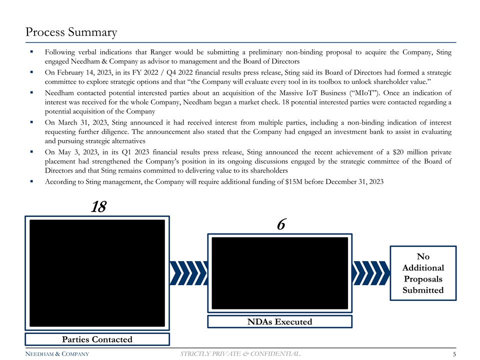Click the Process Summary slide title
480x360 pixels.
(x=71, y=32)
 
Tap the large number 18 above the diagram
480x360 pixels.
(x=98, y=207)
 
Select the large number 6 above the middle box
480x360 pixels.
(x=281, y=225)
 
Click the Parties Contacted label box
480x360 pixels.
(x=97, y=339)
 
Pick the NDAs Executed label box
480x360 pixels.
(x=279, y=321)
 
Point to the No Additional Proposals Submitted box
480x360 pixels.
(x=423, y=273)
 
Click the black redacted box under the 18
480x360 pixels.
(x=97, y=273)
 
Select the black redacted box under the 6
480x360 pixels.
(x=280, y=273)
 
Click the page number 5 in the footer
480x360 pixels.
(x=453, y=354)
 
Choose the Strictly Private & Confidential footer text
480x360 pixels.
(x=240, y=354)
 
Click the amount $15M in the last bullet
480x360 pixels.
(x=306, y=182)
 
